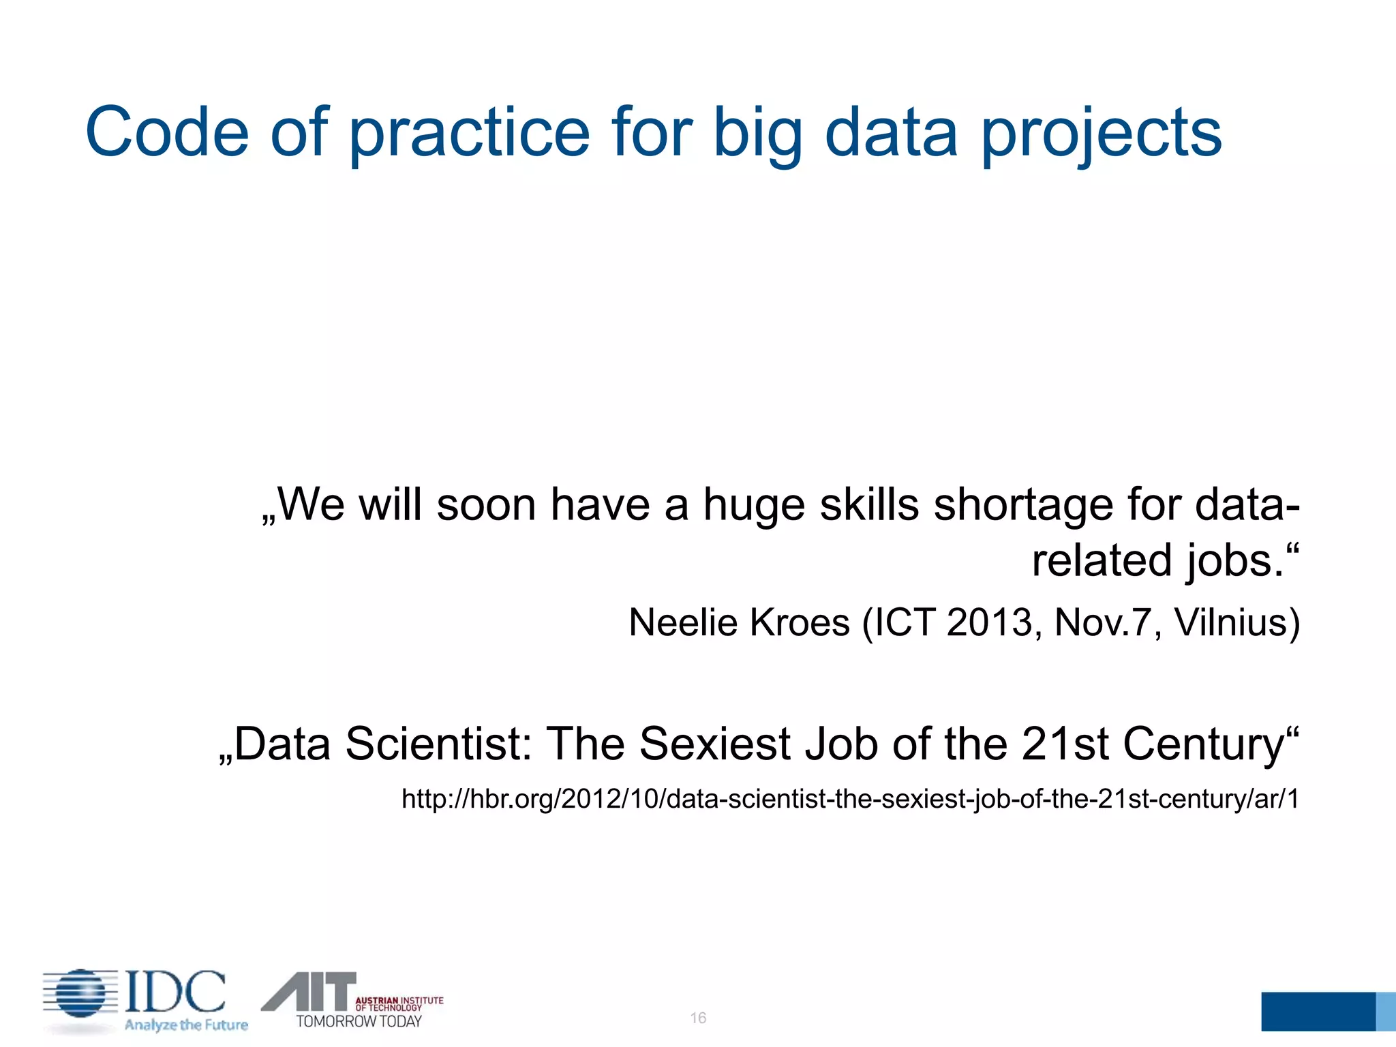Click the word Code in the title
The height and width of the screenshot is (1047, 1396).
[x=167, y=132]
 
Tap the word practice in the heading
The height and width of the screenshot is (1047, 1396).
[x=469, y=132]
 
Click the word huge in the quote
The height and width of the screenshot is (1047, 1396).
[x=753, y=506]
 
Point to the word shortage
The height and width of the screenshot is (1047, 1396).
[x=1022, y=506]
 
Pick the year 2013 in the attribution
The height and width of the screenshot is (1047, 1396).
[x=989, y=622]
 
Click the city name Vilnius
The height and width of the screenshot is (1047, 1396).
[x=1236, y=622]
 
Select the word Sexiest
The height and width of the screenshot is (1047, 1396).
[x=714, y=744]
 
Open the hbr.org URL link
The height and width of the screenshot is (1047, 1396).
[x=850, y=799]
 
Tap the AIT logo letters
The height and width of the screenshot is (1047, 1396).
[x=310, y=991]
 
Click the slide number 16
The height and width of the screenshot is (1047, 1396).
[x=698, y=1018]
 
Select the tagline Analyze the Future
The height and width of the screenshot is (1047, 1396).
[x=185, y=1025]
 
